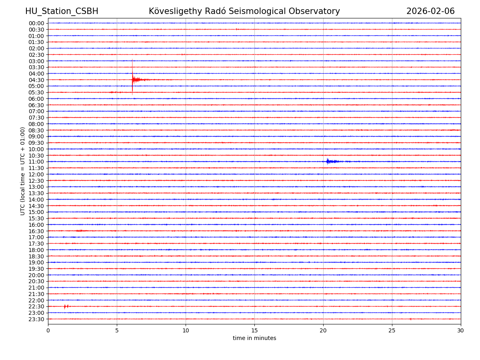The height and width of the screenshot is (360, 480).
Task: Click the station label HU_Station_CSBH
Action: click(62, 11)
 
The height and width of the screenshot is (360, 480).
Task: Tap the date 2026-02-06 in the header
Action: click(430, 11)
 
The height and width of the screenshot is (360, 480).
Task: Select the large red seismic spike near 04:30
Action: click(133, 79)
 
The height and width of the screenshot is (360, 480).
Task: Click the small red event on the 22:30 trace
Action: click(65, 306)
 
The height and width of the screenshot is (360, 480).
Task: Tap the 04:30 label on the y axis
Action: click(36, 80)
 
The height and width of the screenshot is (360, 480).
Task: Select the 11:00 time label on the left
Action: click(36, 162)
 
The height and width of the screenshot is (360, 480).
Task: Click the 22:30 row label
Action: click(36, 306)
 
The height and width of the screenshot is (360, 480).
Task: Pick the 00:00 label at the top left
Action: click(36, 23)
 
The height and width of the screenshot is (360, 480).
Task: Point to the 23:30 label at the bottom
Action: click(36, 319)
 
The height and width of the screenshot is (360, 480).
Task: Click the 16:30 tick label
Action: click(36, 231)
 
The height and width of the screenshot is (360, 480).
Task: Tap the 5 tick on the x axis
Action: click(117, 330)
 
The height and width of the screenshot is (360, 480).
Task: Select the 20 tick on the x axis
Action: click(323, 330)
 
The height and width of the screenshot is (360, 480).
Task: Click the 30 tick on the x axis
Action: click(461, 330)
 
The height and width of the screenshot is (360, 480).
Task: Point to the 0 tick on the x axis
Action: click(48, 330)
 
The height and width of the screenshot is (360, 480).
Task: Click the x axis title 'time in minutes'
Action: click(254, 338)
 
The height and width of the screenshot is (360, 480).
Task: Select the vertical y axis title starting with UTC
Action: click(23, 171)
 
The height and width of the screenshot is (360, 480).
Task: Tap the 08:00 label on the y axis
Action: click(36, 124)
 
